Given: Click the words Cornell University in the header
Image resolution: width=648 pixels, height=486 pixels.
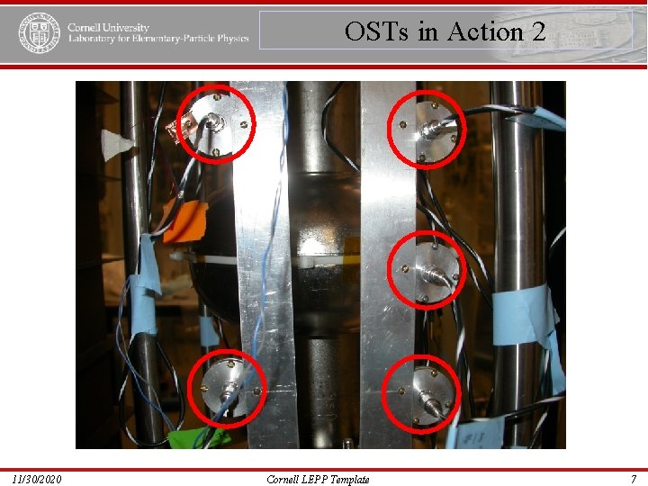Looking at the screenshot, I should coord(108,27).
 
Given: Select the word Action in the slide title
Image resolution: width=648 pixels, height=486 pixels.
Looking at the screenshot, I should coord(484,32).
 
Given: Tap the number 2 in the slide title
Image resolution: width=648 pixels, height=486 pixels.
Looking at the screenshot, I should coord(538,32).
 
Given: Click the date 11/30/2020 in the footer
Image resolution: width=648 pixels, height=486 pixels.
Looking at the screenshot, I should coord(38,479).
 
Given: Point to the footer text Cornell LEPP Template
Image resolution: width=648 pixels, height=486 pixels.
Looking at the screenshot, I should coord(318,479).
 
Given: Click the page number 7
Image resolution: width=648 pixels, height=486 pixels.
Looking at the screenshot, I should coord(634,479).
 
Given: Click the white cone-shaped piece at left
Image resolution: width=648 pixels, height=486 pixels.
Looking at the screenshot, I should coord(116,145).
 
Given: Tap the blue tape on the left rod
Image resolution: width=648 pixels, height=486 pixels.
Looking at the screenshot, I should coord(145,288).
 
